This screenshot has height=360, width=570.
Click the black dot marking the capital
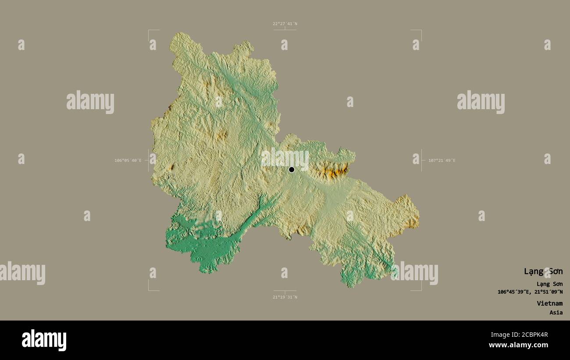coord(292,170)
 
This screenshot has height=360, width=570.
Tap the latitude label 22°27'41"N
coord(285,24)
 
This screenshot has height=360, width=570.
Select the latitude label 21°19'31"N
coord(285,297)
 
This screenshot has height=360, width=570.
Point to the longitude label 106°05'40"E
coord(128,160)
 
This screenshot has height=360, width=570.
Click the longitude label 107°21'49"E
coord(442,160)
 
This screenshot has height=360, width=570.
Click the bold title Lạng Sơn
coord(543,271)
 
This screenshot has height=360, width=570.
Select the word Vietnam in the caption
coord(550,303)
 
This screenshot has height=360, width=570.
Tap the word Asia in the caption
coord(556,313)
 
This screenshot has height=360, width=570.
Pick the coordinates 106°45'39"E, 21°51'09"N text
coord(530,292)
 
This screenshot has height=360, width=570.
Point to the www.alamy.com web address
coord(519,345)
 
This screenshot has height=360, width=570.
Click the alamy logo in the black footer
coord(44,340)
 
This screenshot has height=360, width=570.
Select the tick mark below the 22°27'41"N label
coord(285,29)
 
